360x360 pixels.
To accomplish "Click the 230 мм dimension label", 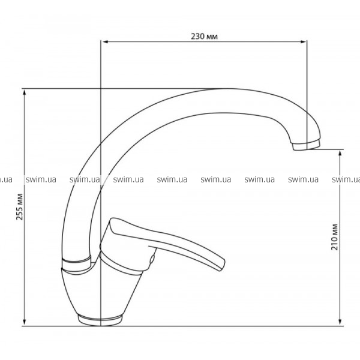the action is tap(204, 37).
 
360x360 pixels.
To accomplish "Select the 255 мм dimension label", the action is tap(20, 207).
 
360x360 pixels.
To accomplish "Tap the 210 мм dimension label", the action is tap(335, 237).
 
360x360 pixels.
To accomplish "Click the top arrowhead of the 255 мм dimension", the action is tap(25, 92).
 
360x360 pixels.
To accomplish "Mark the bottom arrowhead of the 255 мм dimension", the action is tap(25, 322).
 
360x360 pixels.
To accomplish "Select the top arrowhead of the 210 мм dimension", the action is tap(340, 153).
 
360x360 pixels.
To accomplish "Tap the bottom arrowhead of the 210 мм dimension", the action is tap(340, 322).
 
